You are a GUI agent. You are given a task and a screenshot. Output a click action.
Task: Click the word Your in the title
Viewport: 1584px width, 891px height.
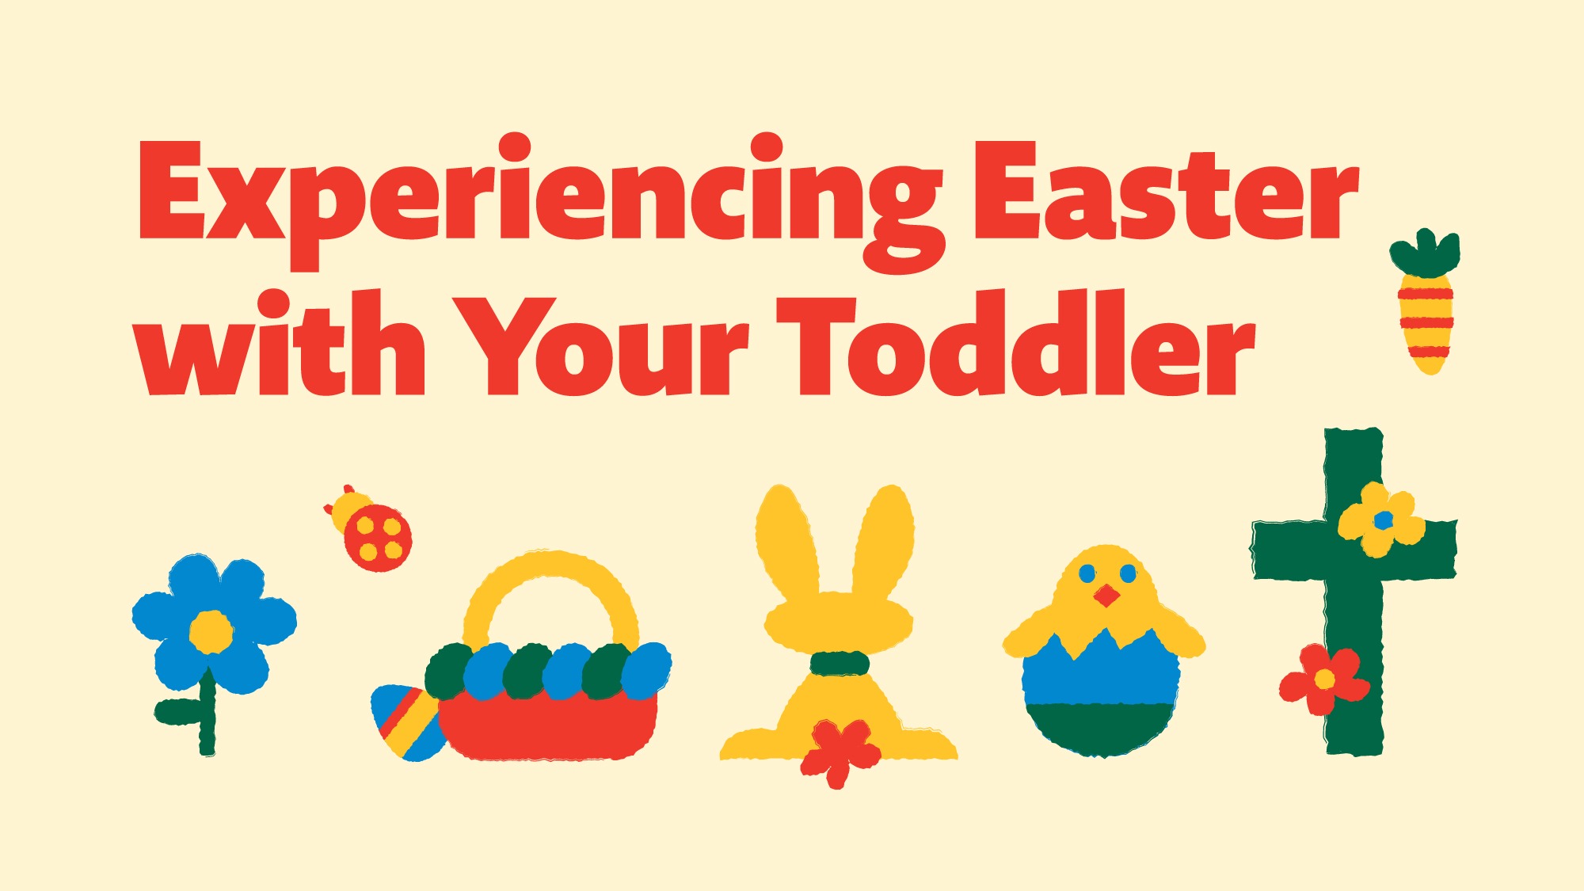[599, 346]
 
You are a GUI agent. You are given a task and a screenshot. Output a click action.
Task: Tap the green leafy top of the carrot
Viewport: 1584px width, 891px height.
[1426, 252]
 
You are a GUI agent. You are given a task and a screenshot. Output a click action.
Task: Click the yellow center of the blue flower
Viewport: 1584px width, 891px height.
[211, 631]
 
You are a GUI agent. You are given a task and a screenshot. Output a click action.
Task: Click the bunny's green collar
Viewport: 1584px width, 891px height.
[840, 663]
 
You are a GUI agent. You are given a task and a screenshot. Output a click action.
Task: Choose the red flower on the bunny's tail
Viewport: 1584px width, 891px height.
[840, 752]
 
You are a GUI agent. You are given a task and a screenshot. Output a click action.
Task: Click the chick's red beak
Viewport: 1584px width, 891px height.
[1107, 595]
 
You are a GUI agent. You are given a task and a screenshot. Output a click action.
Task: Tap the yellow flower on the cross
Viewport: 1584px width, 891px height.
[1382, 520]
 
